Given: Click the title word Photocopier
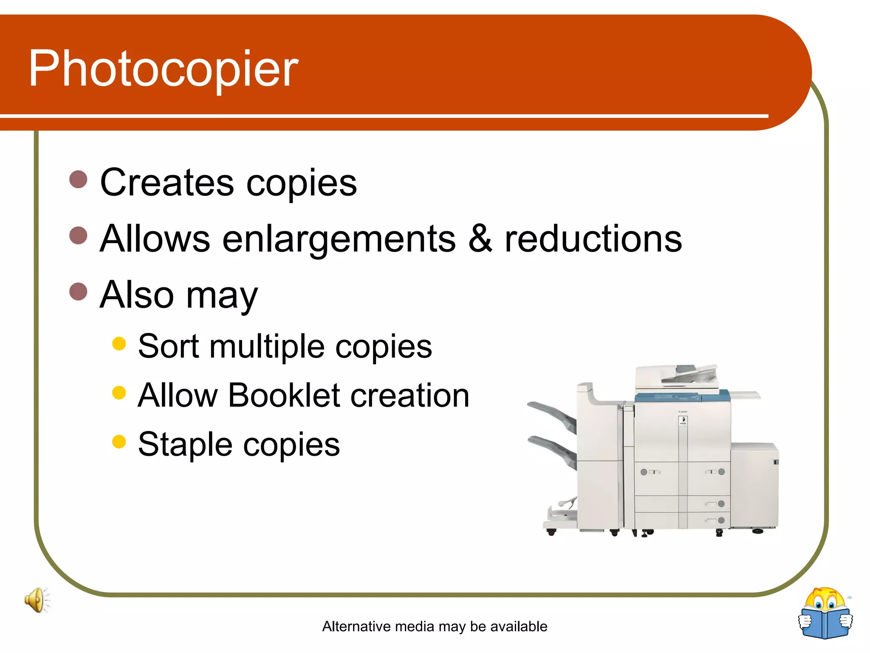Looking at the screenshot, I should pyautogui.click(x=164, y=69).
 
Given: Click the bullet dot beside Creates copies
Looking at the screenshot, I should pyautogui.click(x=78, y=179).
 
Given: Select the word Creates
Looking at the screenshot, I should pyautogui.click(x=167, y=182).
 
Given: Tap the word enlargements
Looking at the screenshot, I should pyautogui.click(x=339, y=239).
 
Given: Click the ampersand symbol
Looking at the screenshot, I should pyautogui.click(x=480, y=238).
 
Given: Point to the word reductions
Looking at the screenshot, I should pyautogui.click(x=593, y=238).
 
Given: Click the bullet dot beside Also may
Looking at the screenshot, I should pyautogui.click(x=78, y=292).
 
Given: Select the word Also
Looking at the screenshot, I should pyautogui.click(x=137, y=295).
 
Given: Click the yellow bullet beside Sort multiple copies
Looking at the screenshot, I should pyautogui.click(x=119, y=344).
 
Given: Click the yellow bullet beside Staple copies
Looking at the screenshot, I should pyautogui.click(x=119, y=441).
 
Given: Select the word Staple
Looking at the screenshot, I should pyautogui.click(x=185, y=445).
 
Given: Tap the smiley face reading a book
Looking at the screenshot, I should pyautogui.click(x=825, y=613).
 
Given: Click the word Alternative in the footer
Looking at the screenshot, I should pyautogui.click(x=356, y=626).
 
